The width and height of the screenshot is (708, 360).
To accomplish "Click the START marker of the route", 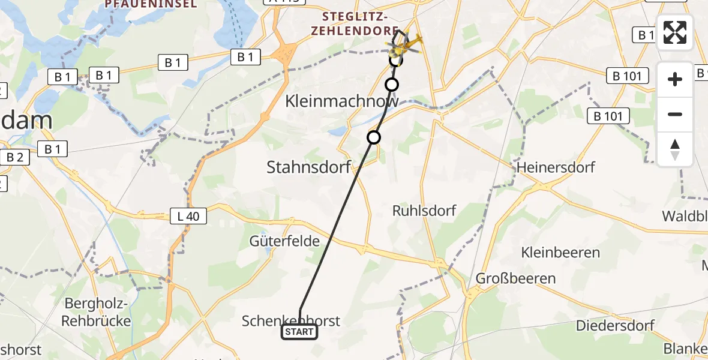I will tap(299, 332).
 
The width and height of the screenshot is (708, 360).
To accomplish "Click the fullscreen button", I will tap(675, 32).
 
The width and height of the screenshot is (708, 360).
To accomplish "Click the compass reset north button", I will tap(675, 149).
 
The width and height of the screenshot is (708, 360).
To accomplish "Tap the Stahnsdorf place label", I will tap(308, 167).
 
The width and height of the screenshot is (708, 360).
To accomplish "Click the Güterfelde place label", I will tap(284, 241).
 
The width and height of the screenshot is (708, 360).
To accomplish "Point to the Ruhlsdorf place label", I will tap(424, 211).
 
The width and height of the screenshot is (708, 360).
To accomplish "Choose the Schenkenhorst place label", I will tap(291, 320).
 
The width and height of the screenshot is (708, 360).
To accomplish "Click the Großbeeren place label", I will tap(515, 278).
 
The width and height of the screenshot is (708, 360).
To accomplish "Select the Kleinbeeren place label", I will tap(561, 251).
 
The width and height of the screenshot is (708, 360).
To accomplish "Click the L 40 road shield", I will tap(189, 216).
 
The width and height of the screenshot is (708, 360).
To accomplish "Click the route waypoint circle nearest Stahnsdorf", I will tap(374, 137).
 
